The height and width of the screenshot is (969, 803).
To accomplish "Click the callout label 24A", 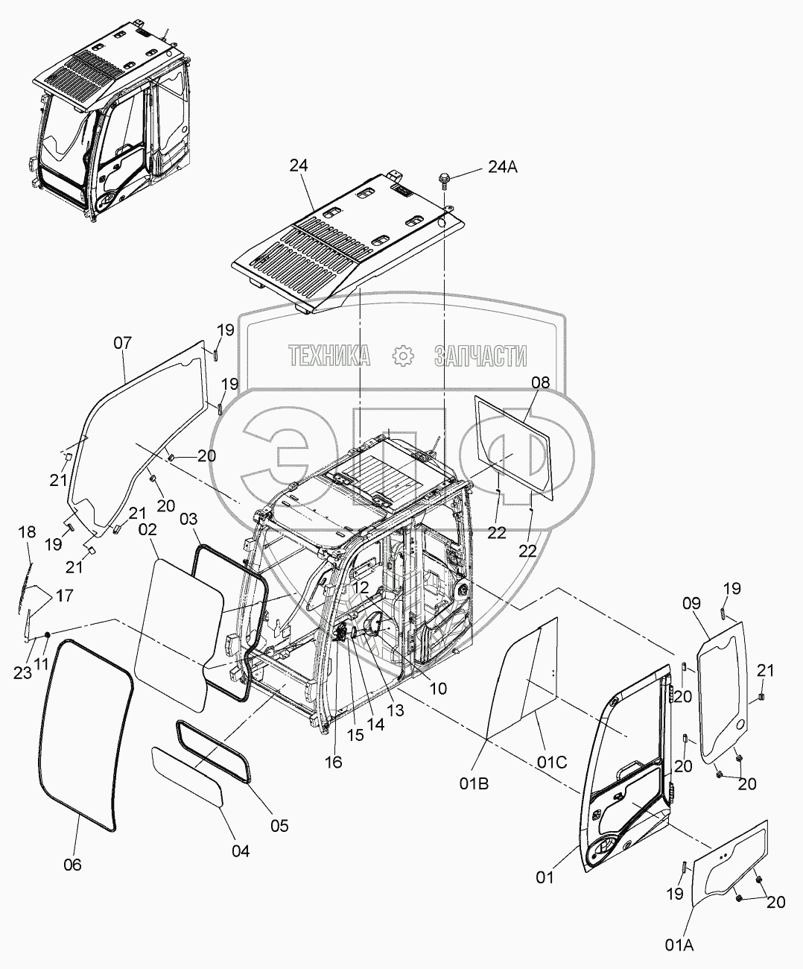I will (x=504, y=167).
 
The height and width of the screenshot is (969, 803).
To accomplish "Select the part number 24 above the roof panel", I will (x=299, y=166).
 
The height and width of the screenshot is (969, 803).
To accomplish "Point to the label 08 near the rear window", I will (x=540, y=382).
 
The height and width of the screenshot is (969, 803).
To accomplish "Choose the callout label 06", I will (x=72, y=865).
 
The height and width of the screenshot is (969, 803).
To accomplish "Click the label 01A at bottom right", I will (x=679, y=946).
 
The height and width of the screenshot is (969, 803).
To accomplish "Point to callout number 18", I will (x=27, y=531).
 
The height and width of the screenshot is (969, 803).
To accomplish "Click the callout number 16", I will (x=333, y=762).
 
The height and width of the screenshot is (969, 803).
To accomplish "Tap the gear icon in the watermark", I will (x=402, y=356).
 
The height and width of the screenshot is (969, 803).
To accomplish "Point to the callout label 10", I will (x=438, y=689).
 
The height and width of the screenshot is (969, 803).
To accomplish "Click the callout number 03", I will (x=189, y=517).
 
